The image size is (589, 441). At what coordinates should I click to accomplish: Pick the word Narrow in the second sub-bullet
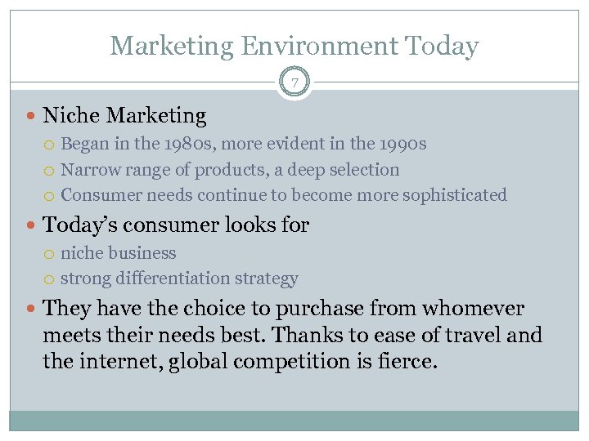pos(89,170)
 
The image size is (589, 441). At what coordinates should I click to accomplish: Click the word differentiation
pos(169,278)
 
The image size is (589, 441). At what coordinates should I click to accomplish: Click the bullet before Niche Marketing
pos(32,118)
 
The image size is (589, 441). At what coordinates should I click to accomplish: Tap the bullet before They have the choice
pos(32,310)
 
